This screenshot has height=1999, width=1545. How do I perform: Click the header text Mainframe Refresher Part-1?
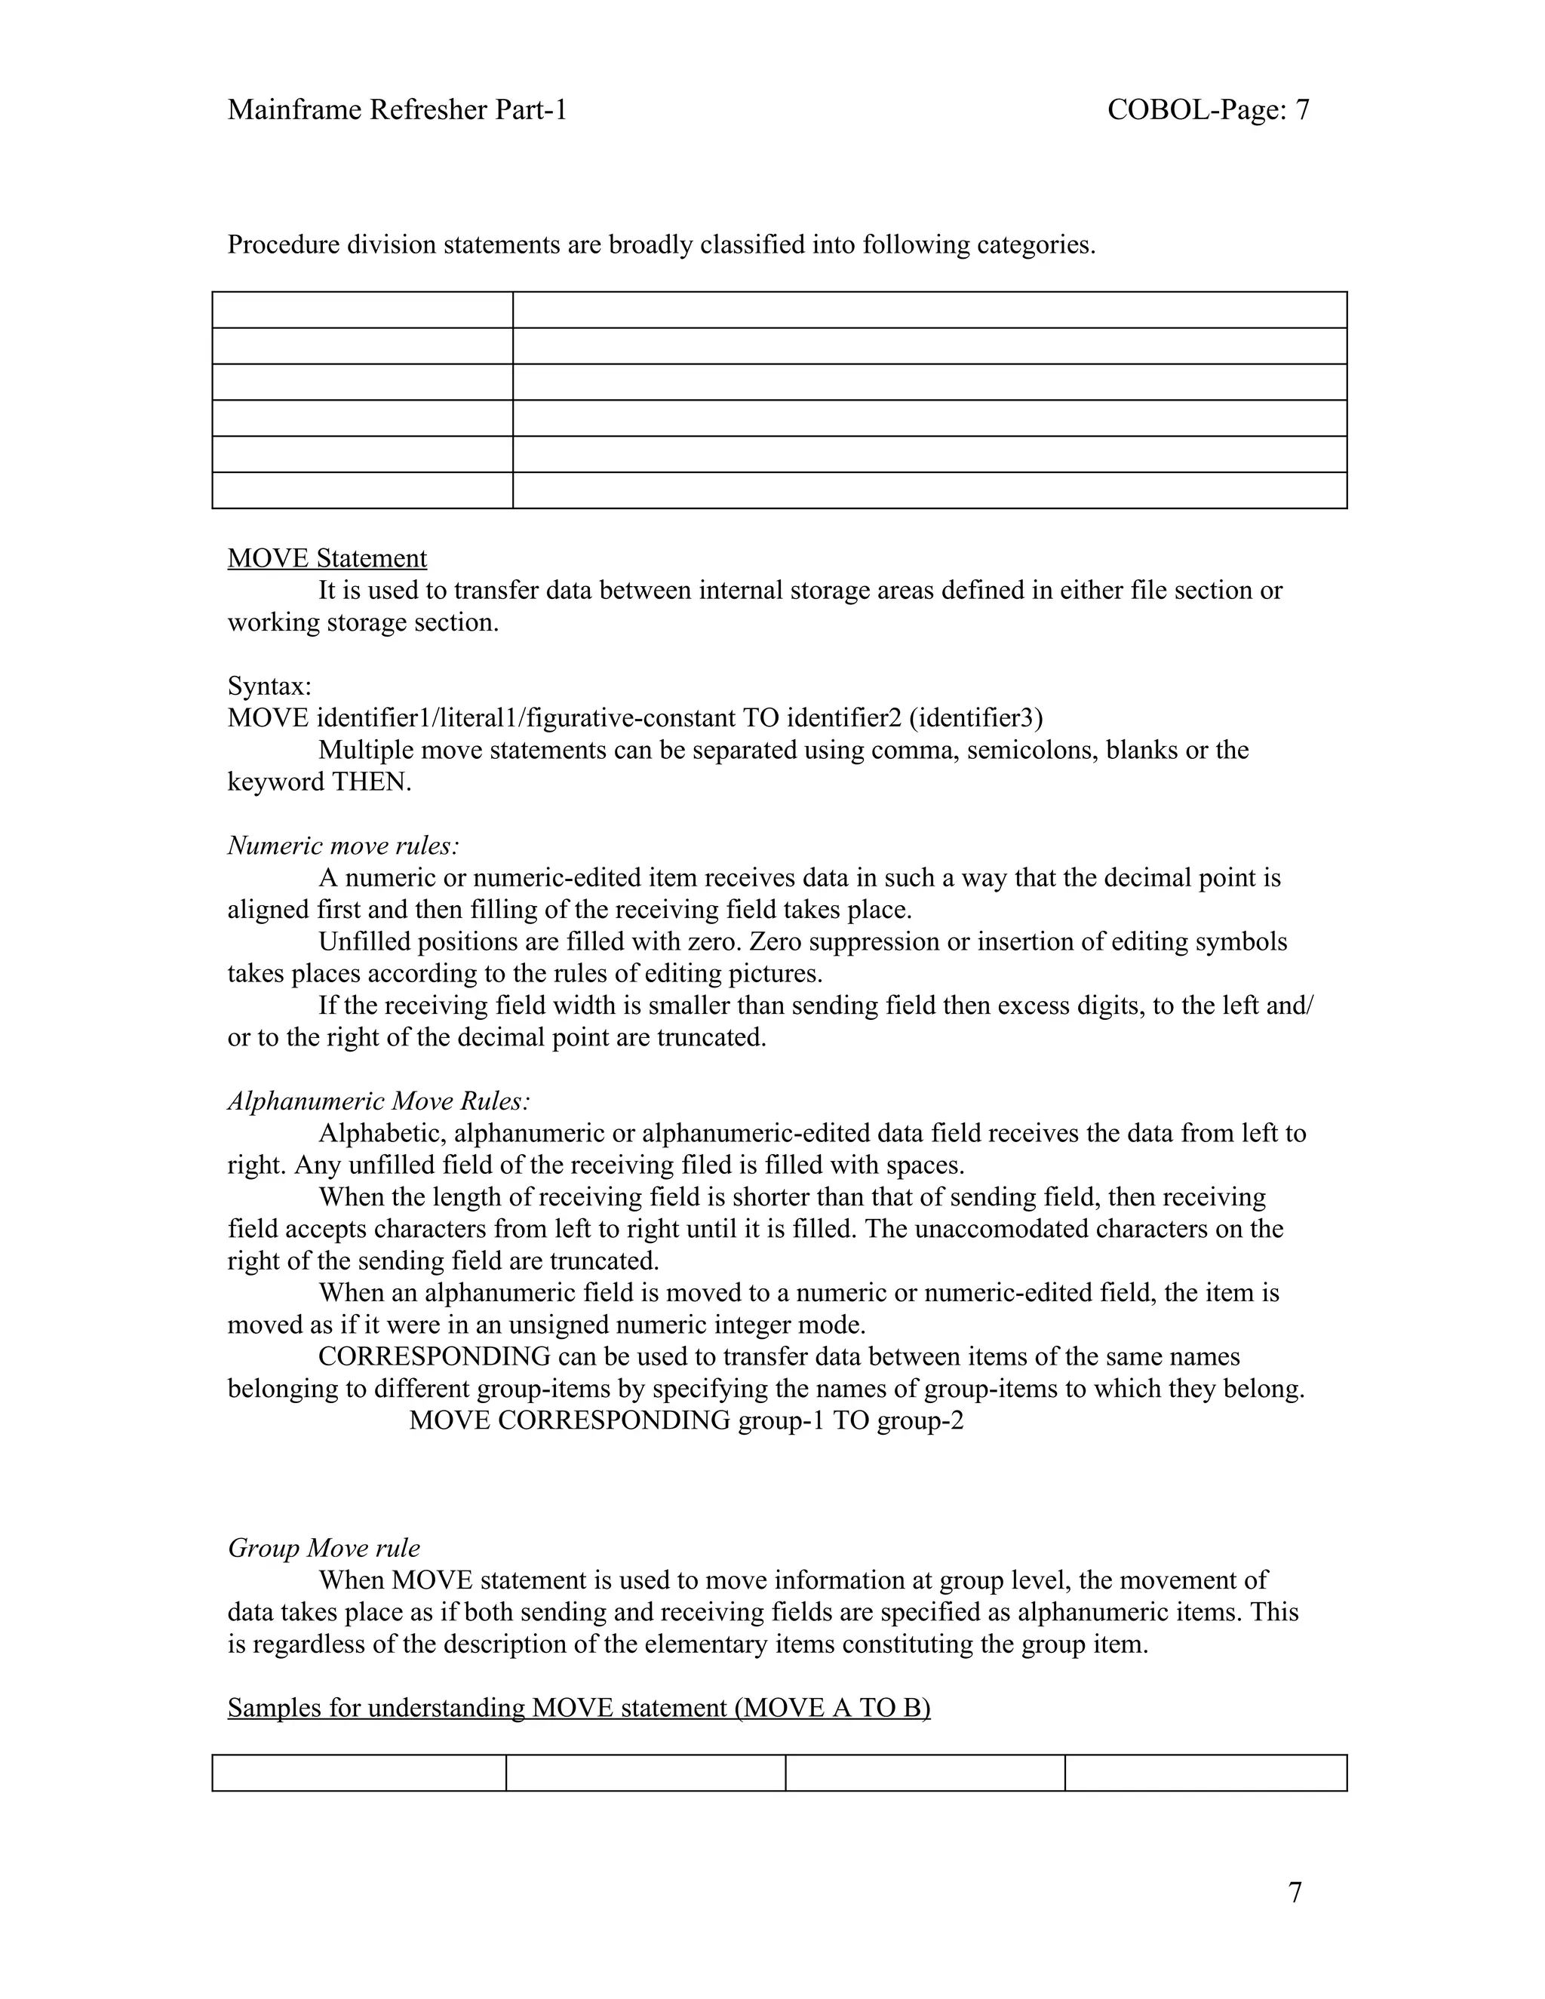coord(398,110)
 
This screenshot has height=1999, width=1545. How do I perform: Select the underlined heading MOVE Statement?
coord(327,558)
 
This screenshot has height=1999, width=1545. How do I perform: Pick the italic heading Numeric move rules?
coord(343,845)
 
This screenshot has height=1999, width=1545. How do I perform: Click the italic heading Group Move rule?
coord(323,1548)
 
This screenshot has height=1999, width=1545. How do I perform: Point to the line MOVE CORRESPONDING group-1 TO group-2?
coord(686,1420)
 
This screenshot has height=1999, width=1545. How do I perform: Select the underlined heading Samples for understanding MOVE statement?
coord(579,1708)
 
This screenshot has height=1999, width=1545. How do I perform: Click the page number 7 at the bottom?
coord(1295,1892)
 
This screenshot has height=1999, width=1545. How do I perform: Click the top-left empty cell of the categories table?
coord(361,309)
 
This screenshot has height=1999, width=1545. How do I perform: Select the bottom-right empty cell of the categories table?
coord(929,490)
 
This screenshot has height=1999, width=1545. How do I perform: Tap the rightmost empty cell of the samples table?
coord(1206,1772)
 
